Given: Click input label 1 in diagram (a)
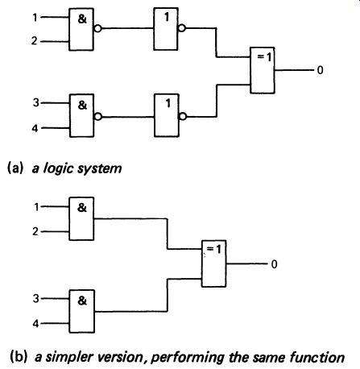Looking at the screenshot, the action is pyautogui.click(x=35, y=18).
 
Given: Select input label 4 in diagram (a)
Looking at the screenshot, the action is pyautogui.click(x=35, y=128).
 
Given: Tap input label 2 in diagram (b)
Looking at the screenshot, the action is pyautogui.click(x=35, y=231).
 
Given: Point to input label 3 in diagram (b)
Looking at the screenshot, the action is pyautogui.click(x=36, y=298).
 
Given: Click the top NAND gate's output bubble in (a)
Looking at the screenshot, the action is pyautogui.click(x=98, y=28).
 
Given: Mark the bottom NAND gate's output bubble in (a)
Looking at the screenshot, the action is pyautogui.click(x=98, y=117).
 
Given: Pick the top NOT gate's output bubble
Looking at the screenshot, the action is pyautogui.click(x=182, y=28).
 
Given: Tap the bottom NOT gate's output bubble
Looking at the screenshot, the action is pyautogui.click(x=183, y=117).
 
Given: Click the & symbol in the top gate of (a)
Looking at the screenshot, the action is pyautogui.click(x=82, y=19).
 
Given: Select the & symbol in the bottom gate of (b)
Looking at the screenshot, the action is pyautogui.click(x=82, y=301).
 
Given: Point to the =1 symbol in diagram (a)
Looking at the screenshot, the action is pyautogui.click(x=264, y=57).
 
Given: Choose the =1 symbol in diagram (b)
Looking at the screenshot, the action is pyautogui.click(x=214, y=249).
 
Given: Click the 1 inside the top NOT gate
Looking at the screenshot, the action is pyautogui.click(x=167, y=17).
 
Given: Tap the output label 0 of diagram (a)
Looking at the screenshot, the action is pyautogui.click(x=320, y=70).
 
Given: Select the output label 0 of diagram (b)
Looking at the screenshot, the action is pyautogui.click(x=274, y=264).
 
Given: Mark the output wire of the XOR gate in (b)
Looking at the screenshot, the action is pyautogui.click(x=247, y=263).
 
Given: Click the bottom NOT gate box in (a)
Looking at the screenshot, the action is pyautogui.click(x=167, y=115).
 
